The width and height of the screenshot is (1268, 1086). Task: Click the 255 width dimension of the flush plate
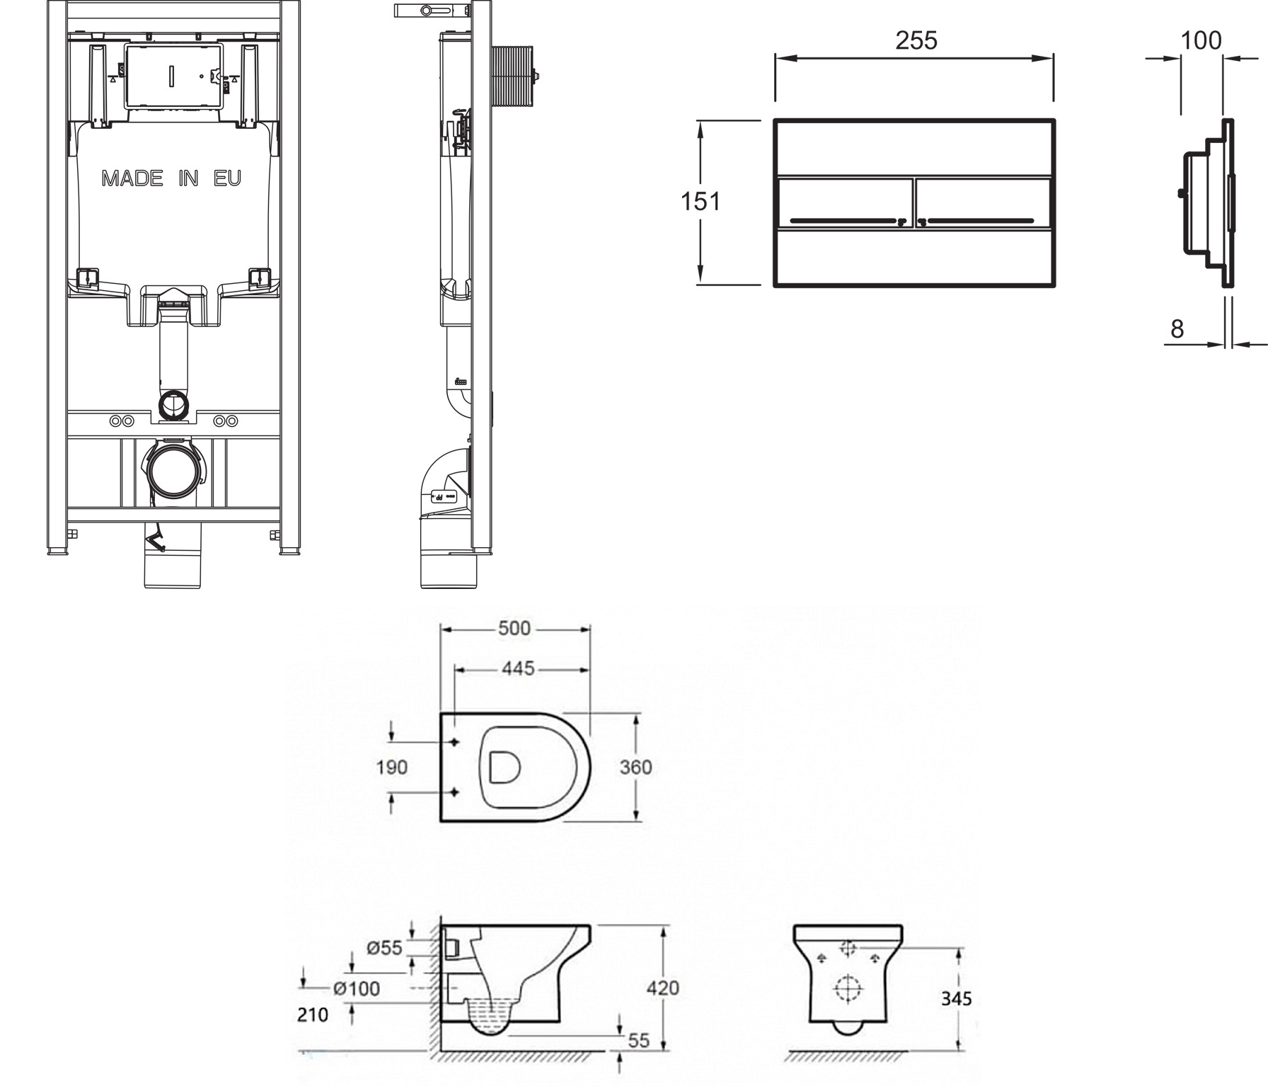point(916,40)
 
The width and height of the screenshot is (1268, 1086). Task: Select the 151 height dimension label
point(701,202)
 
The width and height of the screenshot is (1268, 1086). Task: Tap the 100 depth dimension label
point(1201,40)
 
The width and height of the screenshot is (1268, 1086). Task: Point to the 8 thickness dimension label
point(1177,328)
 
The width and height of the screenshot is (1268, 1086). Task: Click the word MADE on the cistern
point(132,178)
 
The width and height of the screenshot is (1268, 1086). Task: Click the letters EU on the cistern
point(227,178)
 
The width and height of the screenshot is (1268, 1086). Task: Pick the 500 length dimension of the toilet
point(514,628)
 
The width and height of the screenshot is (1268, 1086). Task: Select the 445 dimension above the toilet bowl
point(518,668)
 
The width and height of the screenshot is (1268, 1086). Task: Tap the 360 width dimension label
point(635,767)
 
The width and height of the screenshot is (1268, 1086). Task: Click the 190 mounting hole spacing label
point(391,767)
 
